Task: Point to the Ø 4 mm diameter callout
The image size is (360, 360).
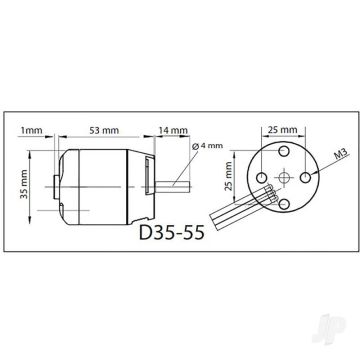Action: click(x=209, y=146)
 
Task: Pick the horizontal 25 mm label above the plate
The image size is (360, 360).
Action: click(x=281, y=128)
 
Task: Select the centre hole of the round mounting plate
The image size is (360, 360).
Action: click(x=282, y=179)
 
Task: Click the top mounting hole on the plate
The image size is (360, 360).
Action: click(x=282, y=154)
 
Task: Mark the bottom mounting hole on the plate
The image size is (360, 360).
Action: click(x=282, y=204)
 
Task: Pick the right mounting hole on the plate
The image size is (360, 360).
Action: click(x=307, y=179)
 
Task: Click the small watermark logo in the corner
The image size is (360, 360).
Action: click(x=345, y=344)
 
